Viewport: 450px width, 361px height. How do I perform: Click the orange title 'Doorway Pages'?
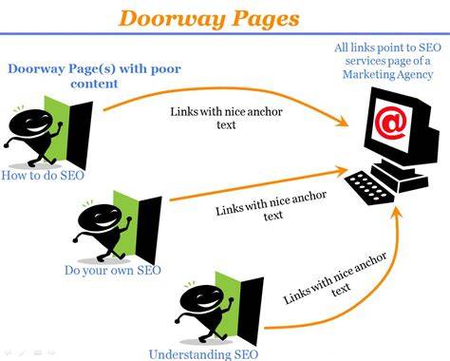[x=209, y=18]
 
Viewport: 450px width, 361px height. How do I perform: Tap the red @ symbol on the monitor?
[x=390, y=122]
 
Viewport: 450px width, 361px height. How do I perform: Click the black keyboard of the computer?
[x=369, y=188]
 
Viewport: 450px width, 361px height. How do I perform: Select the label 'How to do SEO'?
[x=43, y=175]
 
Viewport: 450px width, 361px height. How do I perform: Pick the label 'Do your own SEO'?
[x=113, y=271]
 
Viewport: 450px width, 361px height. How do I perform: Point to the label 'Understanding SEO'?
[x=203, y=354]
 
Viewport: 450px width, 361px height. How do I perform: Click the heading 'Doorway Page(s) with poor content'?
[x=94, y=76]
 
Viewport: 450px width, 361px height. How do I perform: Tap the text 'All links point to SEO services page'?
[x=387, y=54]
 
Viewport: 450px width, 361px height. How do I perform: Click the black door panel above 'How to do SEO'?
[x=80, y=135]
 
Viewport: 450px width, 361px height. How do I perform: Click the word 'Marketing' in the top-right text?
[x=367, y=75]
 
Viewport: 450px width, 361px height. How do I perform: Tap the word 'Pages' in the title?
[x=266, y=19]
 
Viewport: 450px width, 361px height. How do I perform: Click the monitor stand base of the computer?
[x=401, y=175]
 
